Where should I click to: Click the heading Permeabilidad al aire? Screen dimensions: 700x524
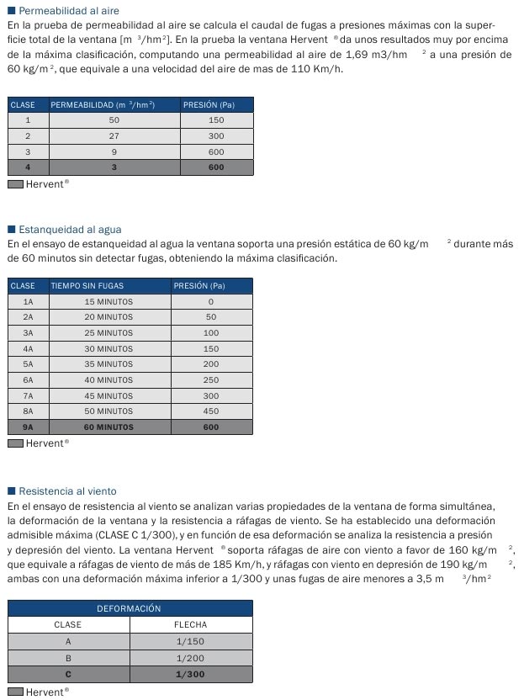[x=68, y=11]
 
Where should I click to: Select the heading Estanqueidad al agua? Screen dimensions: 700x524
[x=70, y=229]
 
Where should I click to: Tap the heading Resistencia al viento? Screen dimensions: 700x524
[x=67, y=491]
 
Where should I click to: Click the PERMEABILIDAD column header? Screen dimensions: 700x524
[x=103, y=105]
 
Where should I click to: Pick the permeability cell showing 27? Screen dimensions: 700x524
[x=114, y=135]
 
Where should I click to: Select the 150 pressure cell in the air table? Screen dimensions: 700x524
[x=216, y=120]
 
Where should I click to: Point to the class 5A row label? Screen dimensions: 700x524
[x=28, y=364]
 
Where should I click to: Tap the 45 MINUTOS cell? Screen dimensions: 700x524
[x=109, y=395]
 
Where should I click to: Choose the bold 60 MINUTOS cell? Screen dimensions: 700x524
[x=109, y=427]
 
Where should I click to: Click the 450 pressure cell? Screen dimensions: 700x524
[x=211, y=411]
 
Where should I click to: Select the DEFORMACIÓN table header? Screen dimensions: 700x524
[x=130, y=608]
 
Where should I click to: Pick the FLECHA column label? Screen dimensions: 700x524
[x=191, y=625]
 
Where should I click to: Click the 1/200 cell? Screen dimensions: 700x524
[x=191, y=658]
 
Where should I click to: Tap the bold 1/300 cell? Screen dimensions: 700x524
[x=191, y=675]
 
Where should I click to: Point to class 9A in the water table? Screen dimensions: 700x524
[x=28, y=427]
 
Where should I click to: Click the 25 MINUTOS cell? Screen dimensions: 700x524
[x=109, y=333]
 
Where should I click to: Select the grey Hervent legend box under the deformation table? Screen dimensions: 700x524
[x=15, y=692]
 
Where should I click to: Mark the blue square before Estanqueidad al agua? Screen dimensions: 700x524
[x=11, y=229]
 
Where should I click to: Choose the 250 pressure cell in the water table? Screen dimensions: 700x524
[x=211, y=380]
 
